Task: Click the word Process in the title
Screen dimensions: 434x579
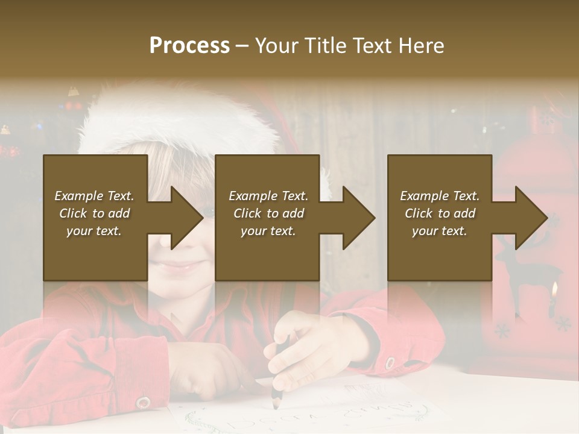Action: [x=189, y=46]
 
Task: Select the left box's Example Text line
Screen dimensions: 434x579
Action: [x=94, y=196]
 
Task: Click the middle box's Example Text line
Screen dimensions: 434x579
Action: [x=268, y=196]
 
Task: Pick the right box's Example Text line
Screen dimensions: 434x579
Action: [x=440, y=196]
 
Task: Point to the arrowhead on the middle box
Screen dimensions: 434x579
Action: [x=358, y=218]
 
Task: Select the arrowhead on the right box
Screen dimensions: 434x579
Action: [x=531, y=218]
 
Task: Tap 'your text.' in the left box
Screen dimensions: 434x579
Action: [x=94, y=231]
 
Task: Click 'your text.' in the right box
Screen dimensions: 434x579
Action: [x=440, y=231]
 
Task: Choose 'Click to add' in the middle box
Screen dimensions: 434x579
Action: [x=269, y=213]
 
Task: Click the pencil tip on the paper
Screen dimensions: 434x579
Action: [x=276, y=406]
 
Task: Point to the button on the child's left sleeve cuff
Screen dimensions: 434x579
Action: [x=143, y=402]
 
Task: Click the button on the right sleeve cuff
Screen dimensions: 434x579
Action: [x=390, y=363]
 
